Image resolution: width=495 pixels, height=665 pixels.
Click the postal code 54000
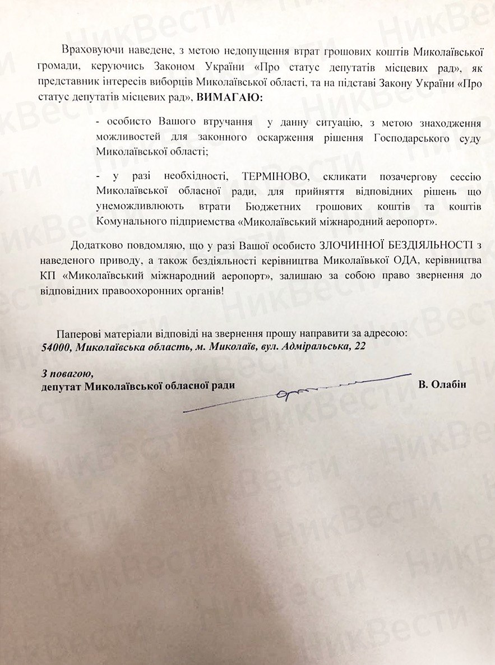coord(55,347)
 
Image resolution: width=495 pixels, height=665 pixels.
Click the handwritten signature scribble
coord(297,392)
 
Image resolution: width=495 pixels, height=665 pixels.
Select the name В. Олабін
coord(442,385)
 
